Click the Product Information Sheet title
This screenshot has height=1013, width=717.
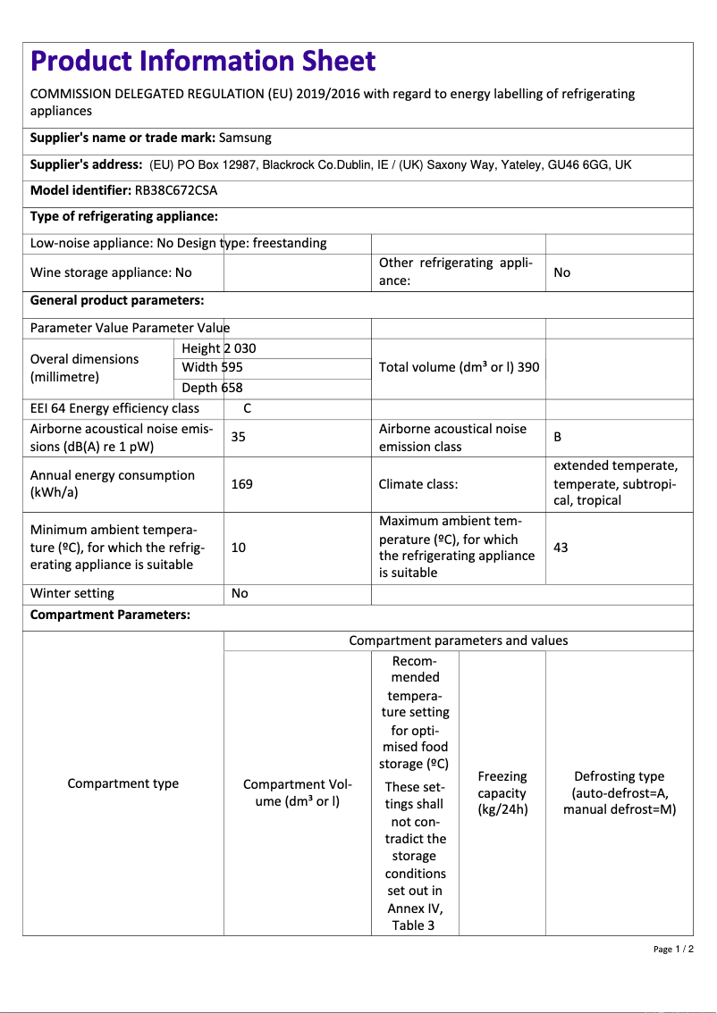point(203,61)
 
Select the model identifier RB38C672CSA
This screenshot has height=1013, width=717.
point(176,190)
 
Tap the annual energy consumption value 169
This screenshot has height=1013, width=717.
point(241,484)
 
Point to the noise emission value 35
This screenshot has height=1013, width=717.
point(239,437)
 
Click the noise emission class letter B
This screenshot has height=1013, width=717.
point(558,437)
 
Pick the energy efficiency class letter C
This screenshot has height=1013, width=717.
point(248,408)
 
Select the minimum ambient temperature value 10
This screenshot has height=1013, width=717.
point(239,547)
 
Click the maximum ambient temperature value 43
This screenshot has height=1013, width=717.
point(561,547)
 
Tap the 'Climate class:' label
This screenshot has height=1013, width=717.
point(418,484)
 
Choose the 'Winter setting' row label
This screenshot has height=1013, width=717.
point(72,593)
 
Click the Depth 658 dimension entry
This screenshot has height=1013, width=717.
point(212,388)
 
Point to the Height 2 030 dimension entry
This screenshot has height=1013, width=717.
point(218,348)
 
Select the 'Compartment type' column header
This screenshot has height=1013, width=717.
point(123,783)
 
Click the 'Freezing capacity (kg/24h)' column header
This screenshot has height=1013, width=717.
point(502,793)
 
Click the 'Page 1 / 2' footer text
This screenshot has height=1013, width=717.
point(673,949)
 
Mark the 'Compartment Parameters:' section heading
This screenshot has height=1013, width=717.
point(110,615)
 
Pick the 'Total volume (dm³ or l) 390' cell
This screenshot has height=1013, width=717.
point(459,367)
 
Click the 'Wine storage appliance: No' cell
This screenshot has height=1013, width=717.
point(111,272)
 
